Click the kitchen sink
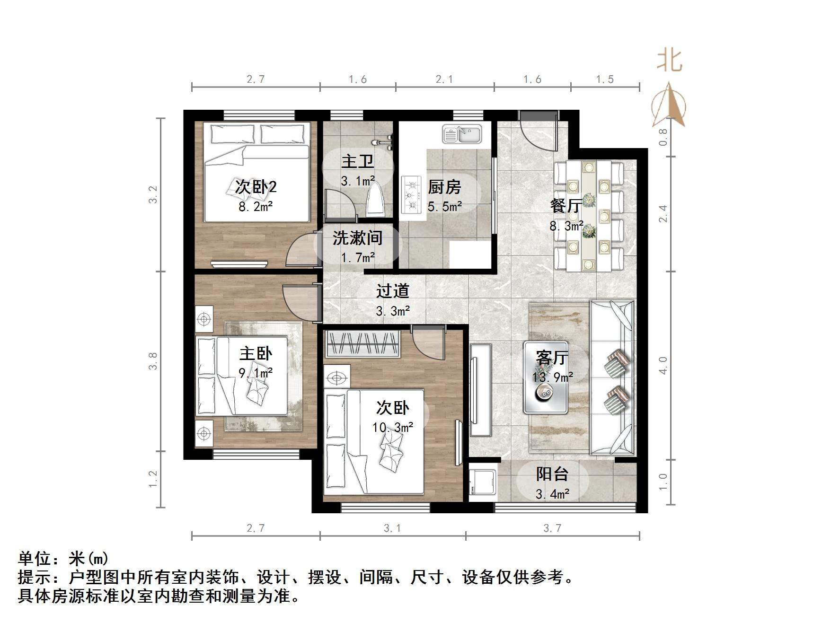[462, 134]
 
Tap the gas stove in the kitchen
[411, 194]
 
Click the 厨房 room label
[444, 187]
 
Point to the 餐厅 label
[566, 206]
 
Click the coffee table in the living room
[546, 377]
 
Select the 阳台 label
[552, 474]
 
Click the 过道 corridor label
[393, 290]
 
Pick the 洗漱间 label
[358, 237]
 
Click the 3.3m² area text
[393, 311]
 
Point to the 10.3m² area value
[393, 428]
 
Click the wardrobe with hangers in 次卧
[362, 344]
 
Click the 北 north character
[670, 61]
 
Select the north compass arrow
[669, 105]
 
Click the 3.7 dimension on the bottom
[552, 528]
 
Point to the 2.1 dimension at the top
[444, 79]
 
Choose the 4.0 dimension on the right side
[663, 365]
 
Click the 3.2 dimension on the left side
[153, 194]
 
